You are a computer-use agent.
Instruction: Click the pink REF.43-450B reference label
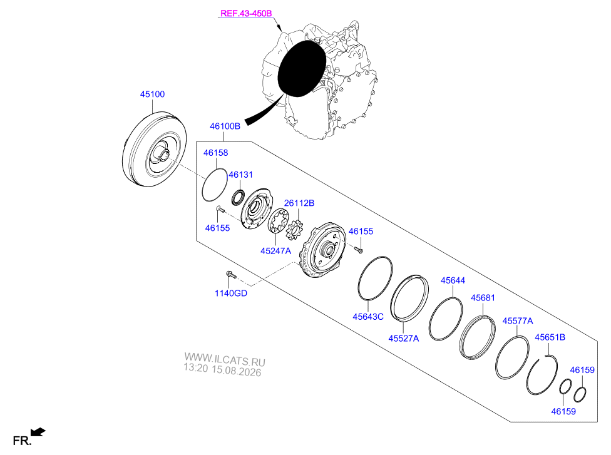[x=246, y=13]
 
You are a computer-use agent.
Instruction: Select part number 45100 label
[x=152, y=95]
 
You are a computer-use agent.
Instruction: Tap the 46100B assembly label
[x=225, y=126]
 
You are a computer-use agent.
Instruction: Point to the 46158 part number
[x=215, y=153]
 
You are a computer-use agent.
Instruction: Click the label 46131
[x=240, y=175]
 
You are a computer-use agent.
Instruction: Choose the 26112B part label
[x=299, y=203]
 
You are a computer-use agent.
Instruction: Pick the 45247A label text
[x=275, y=251]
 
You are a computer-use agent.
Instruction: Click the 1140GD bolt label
[x=230, y=293]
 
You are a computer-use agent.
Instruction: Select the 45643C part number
[x=368, y=317]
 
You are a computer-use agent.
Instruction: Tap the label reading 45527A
[x=403, y=339]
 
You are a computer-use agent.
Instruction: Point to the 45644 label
[x=453, y=280]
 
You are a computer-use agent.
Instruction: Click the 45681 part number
[x=483, y=298]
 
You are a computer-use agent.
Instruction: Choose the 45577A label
[x=518, y=321]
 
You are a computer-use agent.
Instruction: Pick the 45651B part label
[x=550, y=337]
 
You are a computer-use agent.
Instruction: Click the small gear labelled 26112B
[x=294, y=230]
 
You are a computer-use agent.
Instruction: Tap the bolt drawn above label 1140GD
[x=231, y=274]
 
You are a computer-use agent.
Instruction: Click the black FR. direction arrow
[x=38, y=432]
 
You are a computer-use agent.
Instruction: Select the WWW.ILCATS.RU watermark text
[x=225, y=359]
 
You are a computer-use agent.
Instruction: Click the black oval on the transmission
[x=302, y=68]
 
